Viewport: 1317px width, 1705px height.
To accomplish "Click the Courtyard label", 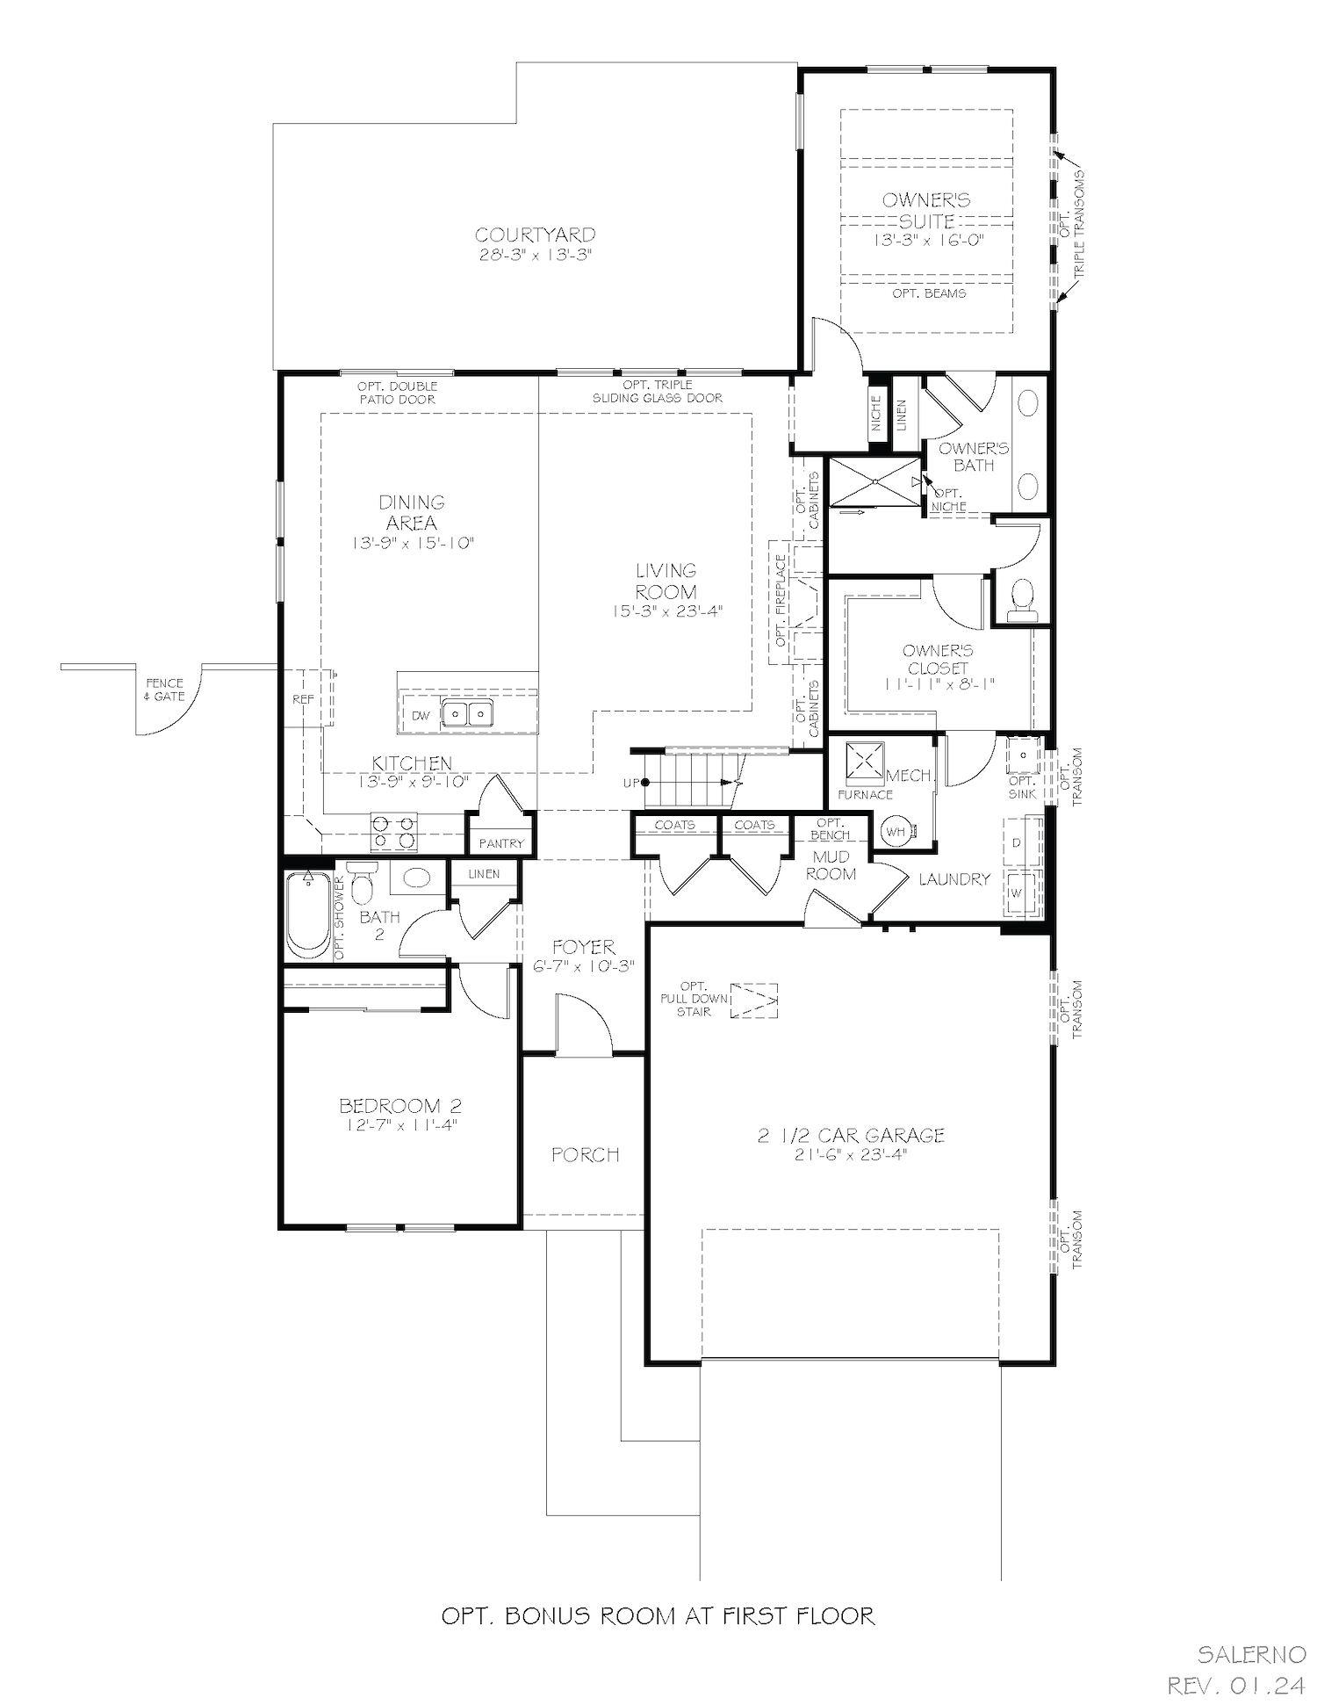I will [x=535, y=235].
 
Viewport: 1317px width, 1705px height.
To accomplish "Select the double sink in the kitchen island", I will [x=466, y=713].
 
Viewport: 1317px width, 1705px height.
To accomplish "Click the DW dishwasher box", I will [x=421, y=716].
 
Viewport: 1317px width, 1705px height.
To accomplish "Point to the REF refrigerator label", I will [x=303, y=700].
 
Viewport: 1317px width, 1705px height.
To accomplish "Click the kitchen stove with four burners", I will [x=393, y=832].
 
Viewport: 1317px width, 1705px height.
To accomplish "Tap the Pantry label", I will [x=501, y=843].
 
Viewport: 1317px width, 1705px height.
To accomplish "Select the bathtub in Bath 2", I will [x=307, y=914].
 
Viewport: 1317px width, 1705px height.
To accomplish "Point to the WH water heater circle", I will [x=896, y=831].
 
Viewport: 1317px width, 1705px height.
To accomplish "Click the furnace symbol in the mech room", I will [x=865, y=762].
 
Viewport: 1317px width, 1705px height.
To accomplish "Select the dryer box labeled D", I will [x=1018, y=842].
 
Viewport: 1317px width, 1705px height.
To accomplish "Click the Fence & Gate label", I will [x=164, y=690].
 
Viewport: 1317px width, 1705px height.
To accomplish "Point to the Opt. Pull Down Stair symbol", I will [x=754, y=1000].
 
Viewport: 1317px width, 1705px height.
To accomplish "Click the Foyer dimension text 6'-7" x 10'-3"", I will [x=584, y=966].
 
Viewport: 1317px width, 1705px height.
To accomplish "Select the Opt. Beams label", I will [x=929, y=293].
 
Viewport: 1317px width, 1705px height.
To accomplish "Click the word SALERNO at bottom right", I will [x=1252, y=1655].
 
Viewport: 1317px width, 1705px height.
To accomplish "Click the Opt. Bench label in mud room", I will [x=830, y=829].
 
